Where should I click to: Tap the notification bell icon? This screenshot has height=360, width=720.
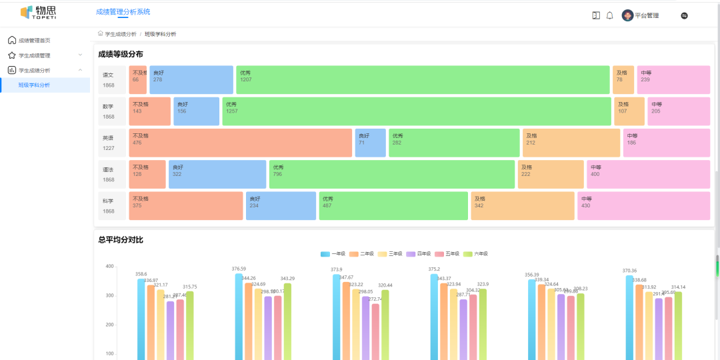click(609, 15)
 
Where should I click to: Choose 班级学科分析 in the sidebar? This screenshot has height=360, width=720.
click(34, 85)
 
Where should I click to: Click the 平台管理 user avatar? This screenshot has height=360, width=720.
click(627, 15)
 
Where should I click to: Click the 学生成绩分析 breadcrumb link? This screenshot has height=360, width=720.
click(121, 34)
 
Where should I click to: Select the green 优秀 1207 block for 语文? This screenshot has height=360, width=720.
click(423, 80)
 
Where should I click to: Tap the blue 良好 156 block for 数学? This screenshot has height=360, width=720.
click(196, 111)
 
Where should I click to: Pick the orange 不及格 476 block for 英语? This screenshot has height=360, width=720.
click(240, 143)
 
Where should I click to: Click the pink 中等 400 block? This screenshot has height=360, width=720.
click(648, 174)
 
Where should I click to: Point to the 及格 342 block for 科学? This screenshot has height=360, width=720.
click(522, 206)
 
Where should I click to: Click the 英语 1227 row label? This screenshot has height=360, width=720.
click(109, 143)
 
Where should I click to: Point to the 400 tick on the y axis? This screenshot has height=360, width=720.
click(109, 266)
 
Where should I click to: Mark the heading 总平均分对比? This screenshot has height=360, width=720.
click(121, 239)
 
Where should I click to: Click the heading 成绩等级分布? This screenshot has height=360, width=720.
click(121, 54)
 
